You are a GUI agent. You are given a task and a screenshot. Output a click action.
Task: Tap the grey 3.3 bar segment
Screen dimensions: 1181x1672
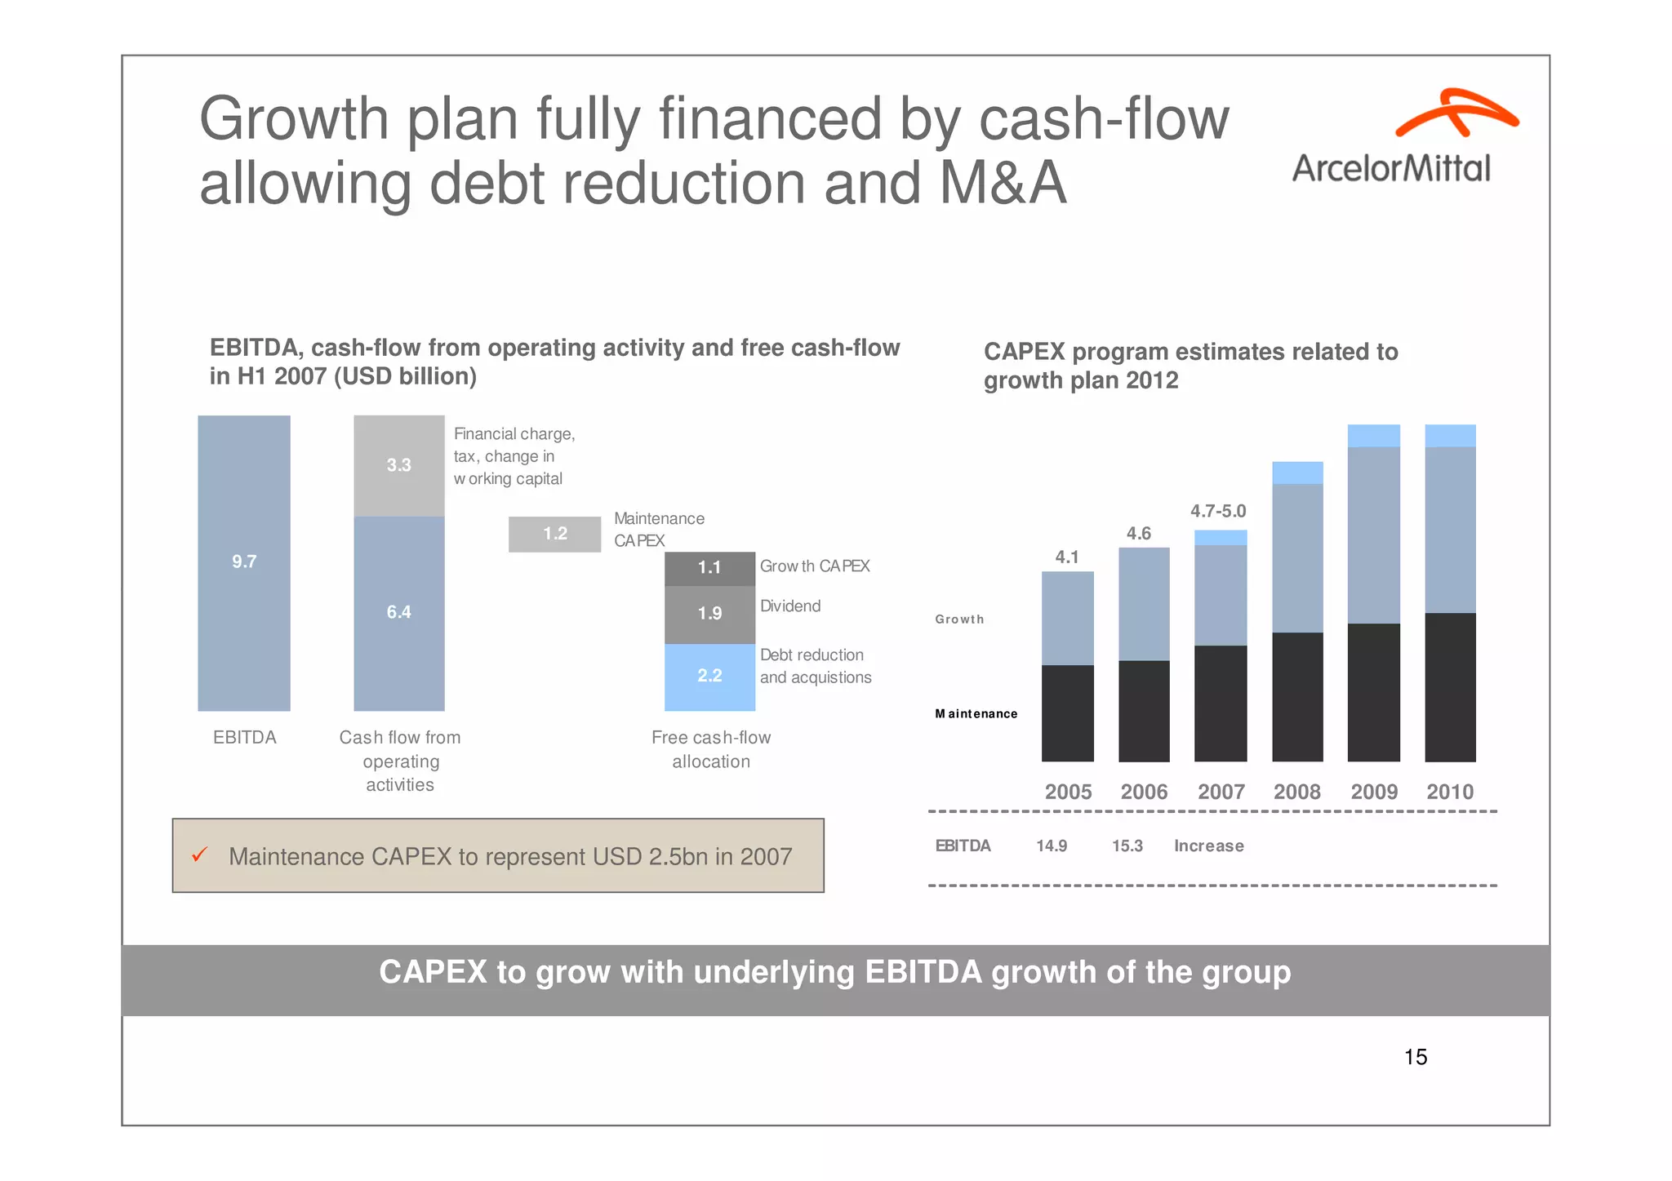click(398, 465)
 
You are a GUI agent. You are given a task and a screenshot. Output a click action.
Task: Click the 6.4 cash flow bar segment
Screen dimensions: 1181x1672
click(398, 612)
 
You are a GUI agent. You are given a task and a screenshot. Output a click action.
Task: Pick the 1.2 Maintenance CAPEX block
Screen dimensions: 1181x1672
click(554, 534)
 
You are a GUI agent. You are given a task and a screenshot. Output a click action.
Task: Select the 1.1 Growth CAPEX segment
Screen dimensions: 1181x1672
click(709, 568)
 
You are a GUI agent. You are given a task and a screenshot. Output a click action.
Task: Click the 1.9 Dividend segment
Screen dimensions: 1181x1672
click(709, 614)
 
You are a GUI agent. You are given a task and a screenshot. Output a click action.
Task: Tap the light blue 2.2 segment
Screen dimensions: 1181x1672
click(709, 676)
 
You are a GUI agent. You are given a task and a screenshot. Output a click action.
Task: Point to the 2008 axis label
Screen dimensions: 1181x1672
click(1296, 792)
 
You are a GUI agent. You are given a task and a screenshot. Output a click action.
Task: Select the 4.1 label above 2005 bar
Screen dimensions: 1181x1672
click(1066, 557)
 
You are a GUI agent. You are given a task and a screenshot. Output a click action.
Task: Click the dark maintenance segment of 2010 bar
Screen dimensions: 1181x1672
click(1450, 687)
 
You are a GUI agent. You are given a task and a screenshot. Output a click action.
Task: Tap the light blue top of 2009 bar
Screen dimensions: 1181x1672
click(1373, 436)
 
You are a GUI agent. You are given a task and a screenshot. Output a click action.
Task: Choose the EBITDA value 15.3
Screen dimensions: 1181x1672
click(1127, 846)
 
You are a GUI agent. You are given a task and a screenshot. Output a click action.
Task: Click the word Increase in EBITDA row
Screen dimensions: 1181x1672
click(1208, 846)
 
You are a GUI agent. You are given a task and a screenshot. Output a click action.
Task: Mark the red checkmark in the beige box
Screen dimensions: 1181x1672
click(199, 855)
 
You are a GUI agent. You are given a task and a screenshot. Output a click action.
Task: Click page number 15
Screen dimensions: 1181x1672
click(1415, 1058)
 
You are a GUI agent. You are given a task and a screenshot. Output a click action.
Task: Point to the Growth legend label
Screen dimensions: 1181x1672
click(959, 619)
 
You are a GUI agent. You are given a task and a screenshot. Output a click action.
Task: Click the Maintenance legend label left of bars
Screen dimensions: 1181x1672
click(976, 714)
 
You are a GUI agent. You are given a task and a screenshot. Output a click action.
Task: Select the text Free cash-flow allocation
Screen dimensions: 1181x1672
click(710, 749)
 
